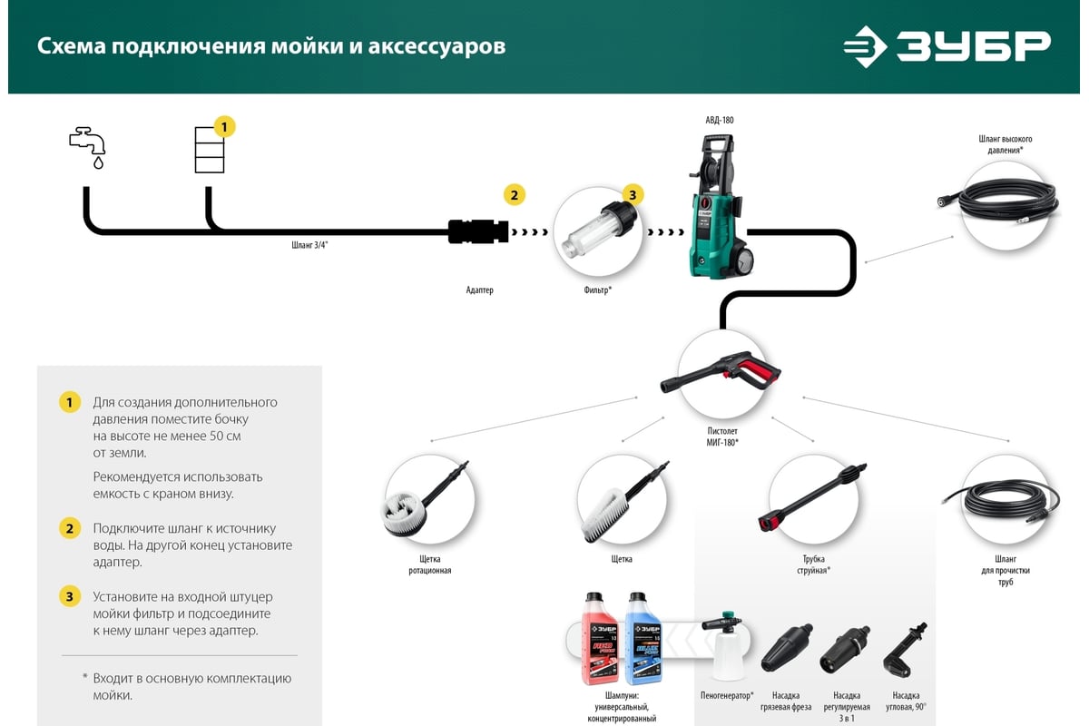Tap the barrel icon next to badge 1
click(209, 151)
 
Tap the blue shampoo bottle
click(643, 649)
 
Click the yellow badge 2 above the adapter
click(514, 194)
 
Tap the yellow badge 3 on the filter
click(633, 193)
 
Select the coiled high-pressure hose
click(1005, 203)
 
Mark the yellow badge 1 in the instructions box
click(70, 402)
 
